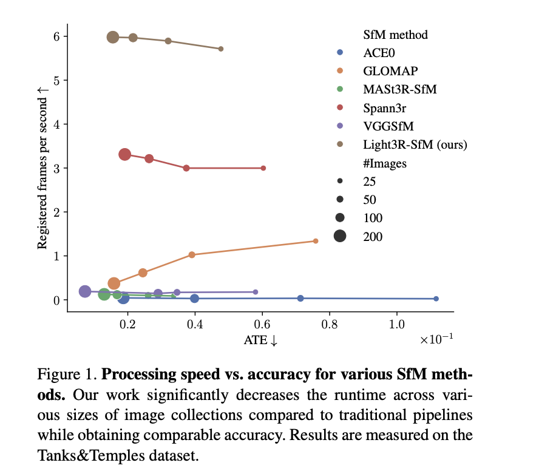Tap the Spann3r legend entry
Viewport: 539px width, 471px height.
pos(385,107)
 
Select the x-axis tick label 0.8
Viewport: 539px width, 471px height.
pos(330,324)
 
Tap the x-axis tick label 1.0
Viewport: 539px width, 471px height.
pos(397,324)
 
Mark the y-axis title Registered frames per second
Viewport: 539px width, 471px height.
pos(42,168)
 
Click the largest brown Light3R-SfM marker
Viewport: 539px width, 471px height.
pos(113,37)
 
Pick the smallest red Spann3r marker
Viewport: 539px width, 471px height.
pos(263,168)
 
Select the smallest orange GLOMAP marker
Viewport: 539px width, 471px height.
pos(316,241)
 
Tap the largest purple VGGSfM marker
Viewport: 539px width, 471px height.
pos(85,291)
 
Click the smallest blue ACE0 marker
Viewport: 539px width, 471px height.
pos(436,299)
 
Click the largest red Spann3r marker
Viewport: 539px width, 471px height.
pos(125,155)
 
